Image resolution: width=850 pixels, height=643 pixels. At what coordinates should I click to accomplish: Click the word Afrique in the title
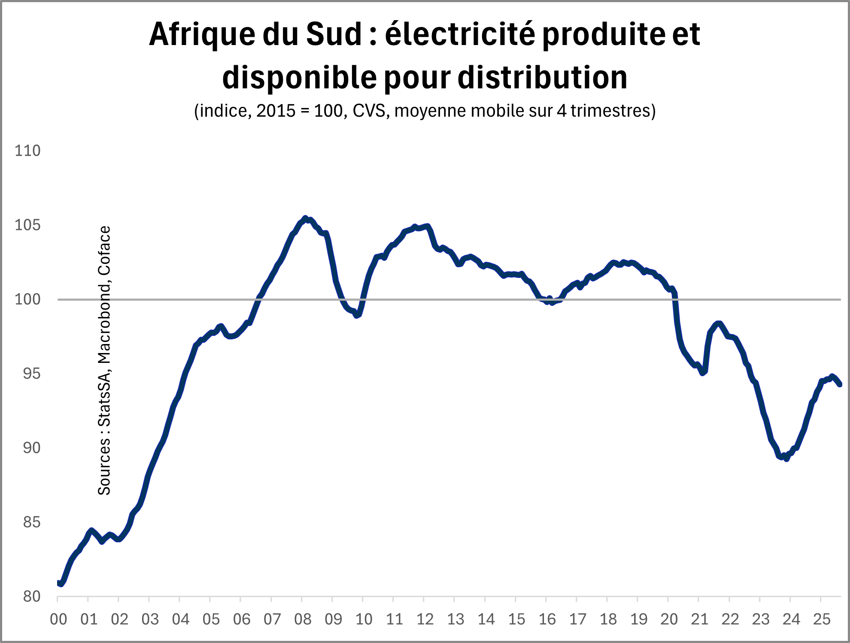202,34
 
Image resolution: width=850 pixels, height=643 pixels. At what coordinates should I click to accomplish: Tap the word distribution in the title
543,78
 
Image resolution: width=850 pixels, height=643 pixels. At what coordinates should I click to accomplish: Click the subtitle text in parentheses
425,111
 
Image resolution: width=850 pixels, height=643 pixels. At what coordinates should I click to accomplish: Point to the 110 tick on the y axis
27,151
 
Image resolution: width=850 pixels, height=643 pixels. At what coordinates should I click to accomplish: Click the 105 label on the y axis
27,225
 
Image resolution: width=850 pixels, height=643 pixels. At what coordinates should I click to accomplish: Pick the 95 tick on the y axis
31,374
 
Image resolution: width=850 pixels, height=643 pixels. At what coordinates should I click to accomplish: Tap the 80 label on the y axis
31,597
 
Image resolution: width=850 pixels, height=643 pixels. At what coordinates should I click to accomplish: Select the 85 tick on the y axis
31,522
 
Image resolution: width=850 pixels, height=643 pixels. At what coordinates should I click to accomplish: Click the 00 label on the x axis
58,619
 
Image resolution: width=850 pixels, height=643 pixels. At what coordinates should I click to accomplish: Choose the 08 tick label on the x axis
303,619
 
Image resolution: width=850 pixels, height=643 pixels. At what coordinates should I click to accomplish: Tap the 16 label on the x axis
547,619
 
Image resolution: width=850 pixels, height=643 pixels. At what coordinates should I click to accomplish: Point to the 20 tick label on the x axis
669,619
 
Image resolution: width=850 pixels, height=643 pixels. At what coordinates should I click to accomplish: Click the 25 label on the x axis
822,619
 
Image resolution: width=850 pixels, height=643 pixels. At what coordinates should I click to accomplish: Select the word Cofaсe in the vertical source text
104,251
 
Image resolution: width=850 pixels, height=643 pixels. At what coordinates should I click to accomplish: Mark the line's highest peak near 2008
305,218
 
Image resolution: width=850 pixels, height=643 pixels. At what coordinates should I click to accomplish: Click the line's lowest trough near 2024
786,459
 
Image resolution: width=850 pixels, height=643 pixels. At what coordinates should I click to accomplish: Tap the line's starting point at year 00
59,583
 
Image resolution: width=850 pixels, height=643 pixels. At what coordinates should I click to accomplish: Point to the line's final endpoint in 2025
840,384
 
